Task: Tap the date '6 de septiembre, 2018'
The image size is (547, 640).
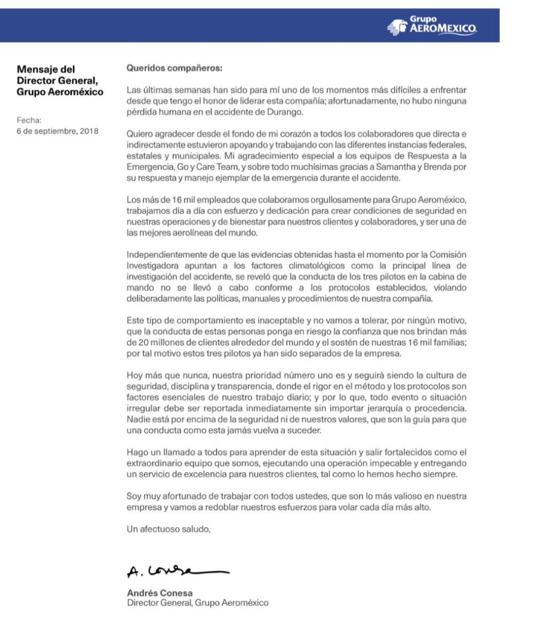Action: tap(58, 131)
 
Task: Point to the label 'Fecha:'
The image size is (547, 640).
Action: tap(29, 120)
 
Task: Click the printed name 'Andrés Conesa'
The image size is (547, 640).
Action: tap(159, 593)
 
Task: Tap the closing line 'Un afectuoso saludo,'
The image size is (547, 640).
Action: tap(169, 530)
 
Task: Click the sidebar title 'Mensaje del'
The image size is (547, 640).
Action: tap(47, 69)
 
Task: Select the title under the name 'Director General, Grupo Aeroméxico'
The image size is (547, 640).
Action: tap(197, 603)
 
